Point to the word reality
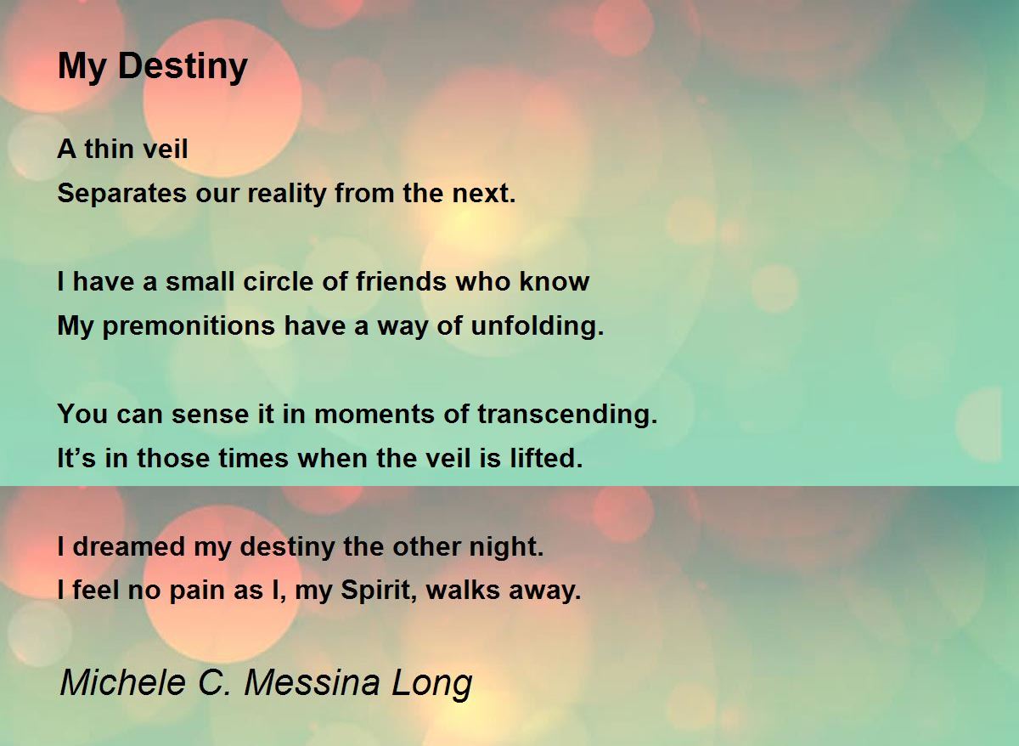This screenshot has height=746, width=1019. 287,194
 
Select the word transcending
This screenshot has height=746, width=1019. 567,415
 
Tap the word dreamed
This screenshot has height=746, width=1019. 129,547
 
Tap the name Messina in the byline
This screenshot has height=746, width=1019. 313,682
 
